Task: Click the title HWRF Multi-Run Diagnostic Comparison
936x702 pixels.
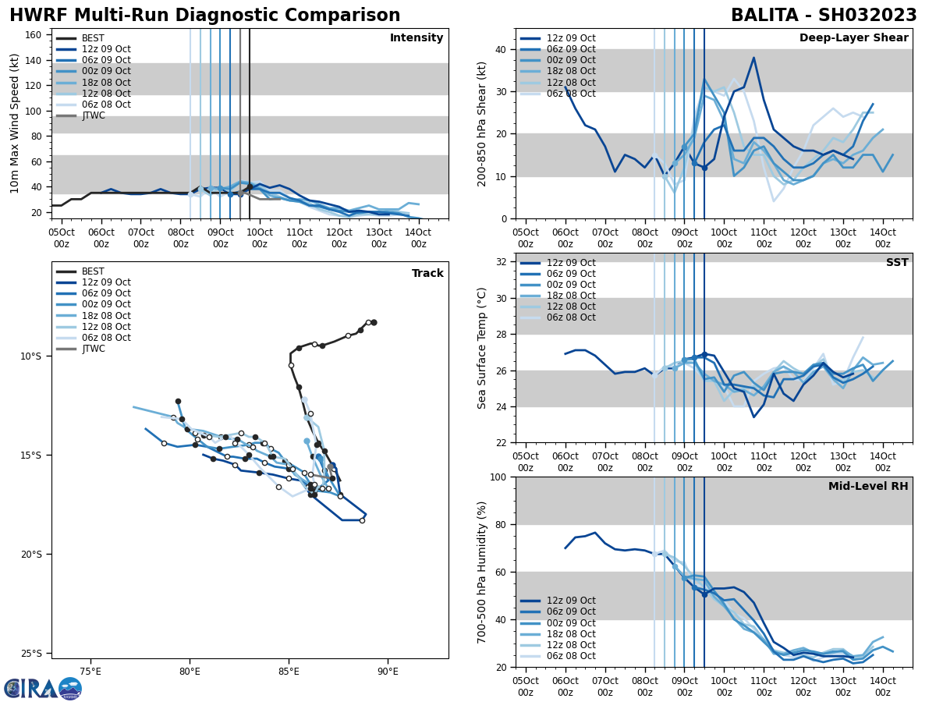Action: pos(204,16)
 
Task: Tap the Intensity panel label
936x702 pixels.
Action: pos(416,38)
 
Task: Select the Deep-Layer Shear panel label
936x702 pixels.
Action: pos(853,38)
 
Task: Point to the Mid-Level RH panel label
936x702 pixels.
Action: pos(868,487)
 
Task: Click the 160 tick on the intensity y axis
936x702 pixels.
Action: pos(34,35)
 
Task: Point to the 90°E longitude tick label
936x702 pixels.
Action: pos(388,668)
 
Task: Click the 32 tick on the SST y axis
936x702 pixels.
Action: pos(502,262)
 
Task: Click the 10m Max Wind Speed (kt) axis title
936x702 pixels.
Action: pos(15,123)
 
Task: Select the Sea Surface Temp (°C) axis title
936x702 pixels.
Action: pos(482,348)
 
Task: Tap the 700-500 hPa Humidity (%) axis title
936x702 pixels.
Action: pos(482,573)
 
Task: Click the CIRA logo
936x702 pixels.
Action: pos(42,689)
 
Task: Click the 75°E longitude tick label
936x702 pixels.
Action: pos(90,668)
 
